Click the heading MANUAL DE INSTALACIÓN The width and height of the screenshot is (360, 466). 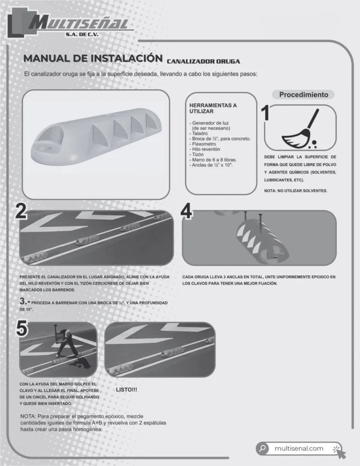(93, 58)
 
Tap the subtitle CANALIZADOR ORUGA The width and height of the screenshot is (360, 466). (203, 61)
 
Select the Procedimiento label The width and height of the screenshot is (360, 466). (304, 95)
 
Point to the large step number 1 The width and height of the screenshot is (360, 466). (265, 113)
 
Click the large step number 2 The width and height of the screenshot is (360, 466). (21, 211)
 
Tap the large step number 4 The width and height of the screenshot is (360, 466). (187, 211)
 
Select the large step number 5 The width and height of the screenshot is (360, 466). (22, 329)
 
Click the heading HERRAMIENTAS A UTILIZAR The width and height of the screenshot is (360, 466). (213, 108)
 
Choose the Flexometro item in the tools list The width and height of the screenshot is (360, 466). (203, 144)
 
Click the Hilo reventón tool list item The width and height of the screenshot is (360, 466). (205, 149)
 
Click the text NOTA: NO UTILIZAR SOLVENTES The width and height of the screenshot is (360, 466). (296, 191)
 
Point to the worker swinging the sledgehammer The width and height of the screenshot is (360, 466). (66, 342)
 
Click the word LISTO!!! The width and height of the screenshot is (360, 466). (127, 390)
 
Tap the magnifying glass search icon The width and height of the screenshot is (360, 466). (262, 448)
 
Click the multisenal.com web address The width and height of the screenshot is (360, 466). (299, 449)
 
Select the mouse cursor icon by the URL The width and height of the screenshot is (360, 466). (339, 452)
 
